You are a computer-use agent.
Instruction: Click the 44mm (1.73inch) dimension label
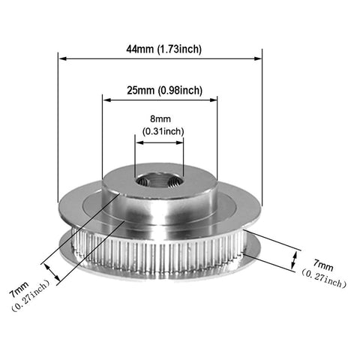tap(163, 49)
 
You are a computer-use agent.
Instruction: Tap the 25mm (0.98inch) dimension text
tap(164, 91)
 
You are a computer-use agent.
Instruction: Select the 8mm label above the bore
tap(160, 118)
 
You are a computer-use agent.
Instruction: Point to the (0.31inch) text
tap(163, 131)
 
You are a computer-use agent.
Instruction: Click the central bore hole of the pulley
tap(159, 181)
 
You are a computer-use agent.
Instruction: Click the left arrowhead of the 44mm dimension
tap(62, 58)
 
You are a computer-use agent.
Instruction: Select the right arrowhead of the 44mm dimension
tap(257, 58)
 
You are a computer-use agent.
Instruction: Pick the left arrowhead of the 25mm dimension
tap(107, 100)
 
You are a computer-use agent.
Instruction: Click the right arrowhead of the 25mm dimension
tap(213, 100)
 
